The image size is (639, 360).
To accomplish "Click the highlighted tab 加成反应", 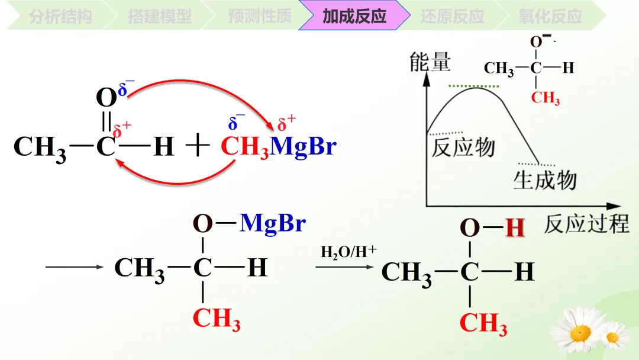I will click(x=354, y=16).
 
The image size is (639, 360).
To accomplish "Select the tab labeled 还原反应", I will click(x=453, y=16).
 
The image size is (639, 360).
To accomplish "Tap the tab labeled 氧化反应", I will click(x=550, y=16).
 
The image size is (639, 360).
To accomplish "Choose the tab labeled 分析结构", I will click(x=60, y=16).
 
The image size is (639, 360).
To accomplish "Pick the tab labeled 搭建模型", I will click(x=160, y=16).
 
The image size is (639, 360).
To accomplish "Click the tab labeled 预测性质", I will click(x=259, y=16).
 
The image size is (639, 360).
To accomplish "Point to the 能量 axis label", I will click(x=430, y=62).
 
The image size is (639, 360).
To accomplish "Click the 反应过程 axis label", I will click(x=586, y=224).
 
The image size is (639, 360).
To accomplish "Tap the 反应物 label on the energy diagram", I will click(x=463, y=147).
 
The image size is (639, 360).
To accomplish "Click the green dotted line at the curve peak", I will click(x=474, y=86).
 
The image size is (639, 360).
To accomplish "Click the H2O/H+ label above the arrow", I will click(x=348, y=252).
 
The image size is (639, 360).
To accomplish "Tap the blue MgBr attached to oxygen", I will click(x=273, y=223).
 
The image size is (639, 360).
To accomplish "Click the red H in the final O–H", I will click(x=515, y=228).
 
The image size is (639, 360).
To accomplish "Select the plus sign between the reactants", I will click(x=198, y=146).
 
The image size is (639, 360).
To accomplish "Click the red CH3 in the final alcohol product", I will click(x=483, y=324).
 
